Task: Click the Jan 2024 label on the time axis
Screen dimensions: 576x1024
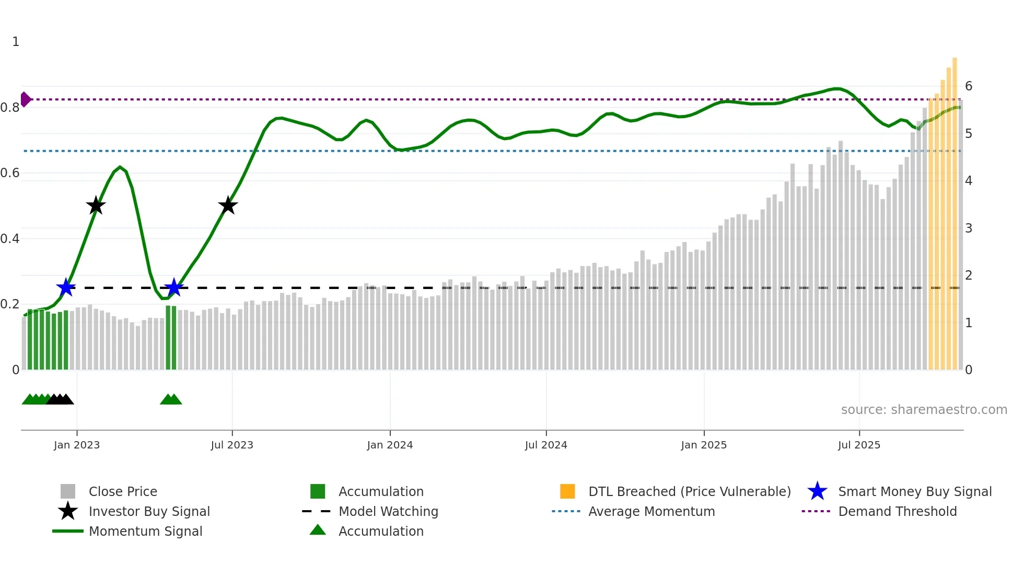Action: coord(390,445)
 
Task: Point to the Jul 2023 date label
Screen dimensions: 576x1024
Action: coord(232,445)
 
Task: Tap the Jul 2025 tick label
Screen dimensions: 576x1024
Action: coord(859,445)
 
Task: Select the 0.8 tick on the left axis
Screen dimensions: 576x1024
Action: coord(10,108)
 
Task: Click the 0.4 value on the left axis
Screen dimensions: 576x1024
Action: coord(10,239)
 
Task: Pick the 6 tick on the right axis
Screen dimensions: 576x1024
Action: coord(969,86)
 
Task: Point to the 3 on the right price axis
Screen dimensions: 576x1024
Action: coord(969,228)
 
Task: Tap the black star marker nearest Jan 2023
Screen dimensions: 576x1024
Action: coord(96,205)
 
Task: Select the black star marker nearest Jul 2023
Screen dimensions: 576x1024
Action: coord(228,205)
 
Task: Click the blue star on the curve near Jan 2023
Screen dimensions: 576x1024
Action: coord(66,287)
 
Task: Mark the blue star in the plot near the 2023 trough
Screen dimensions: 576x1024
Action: coord(173,287)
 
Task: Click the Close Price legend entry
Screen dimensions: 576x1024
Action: coord(123,491)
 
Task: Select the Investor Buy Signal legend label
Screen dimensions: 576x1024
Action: coord(149,511)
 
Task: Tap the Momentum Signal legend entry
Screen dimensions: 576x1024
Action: coord(145,531)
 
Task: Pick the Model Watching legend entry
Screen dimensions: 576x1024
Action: coord(388,511)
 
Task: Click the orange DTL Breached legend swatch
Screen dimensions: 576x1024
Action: coord(567,491)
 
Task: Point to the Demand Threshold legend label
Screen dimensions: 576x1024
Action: coord(898,511)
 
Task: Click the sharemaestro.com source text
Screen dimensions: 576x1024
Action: coord(924,410)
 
